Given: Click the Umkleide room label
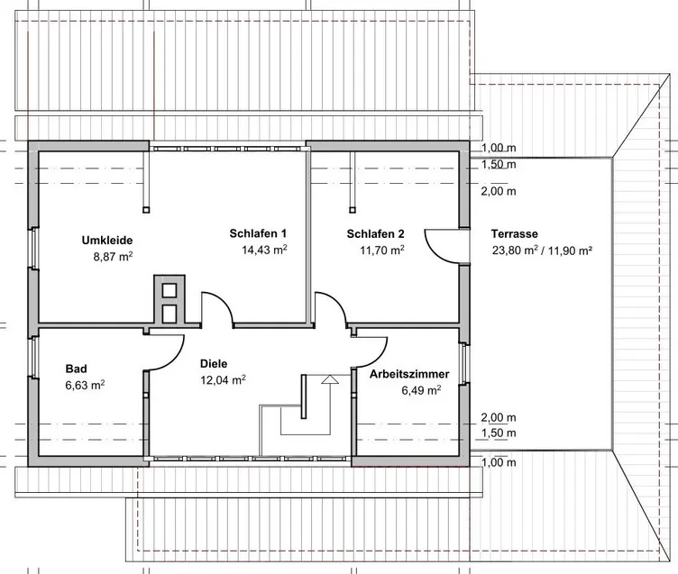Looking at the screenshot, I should click(x=107, y=241).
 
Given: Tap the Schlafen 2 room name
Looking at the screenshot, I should click(x=375, y=234).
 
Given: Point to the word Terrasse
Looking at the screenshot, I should click(x=516, y=234).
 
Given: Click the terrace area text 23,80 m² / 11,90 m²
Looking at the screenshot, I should click(x=541, y=251).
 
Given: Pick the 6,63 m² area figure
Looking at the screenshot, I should click(x=85, y=385).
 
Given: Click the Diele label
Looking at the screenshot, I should click(x=214, y=364).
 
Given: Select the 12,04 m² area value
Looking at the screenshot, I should click(x=222, y=380).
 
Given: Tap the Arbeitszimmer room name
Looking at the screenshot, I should click(x=409, y=373).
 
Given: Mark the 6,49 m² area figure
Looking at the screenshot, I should click(x=421, y=390).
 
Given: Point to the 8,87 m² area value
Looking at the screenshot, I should click(x=114, y=257).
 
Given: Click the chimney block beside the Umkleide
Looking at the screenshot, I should click(x=169, y=299).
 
